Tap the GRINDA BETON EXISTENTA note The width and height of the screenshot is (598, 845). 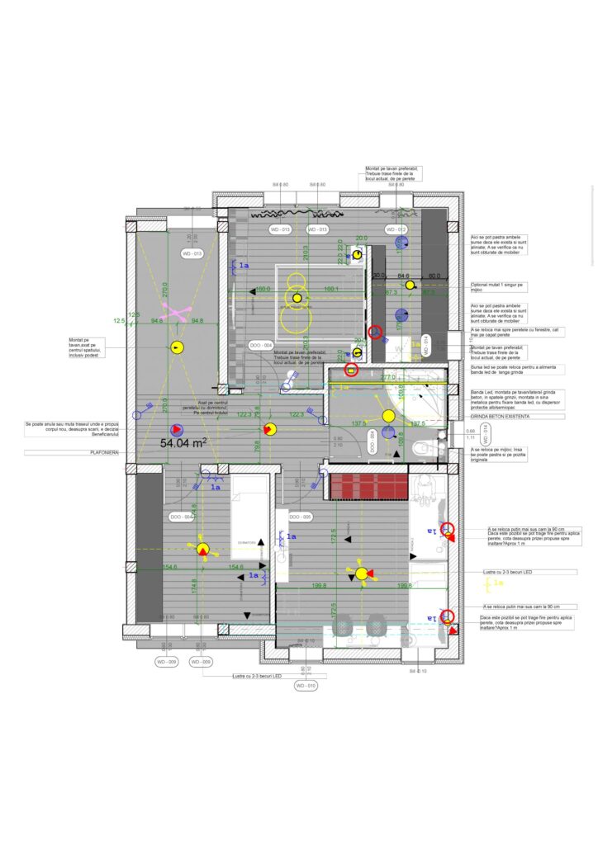click(500, 417)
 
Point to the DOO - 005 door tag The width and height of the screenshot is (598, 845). click(301, 517)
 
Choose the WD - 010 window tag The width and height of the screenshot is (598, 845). click(306, 686)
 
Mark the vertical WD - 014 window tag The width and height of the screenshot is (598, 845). click(427, 345)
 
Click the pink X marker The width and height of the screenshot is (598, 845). click(176, 312)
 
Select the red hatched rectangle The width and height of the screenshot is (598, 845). click(368, 486)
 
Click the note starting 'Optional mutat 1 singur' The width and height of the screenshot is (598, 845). click(498, 286)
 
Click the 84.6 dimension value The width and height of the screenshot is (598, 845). click(403, 276)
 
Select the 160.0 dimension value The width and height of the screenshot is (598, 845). click(263, 290)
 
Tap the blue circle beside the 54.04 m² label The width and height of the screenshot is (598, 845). click(176, 429)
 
